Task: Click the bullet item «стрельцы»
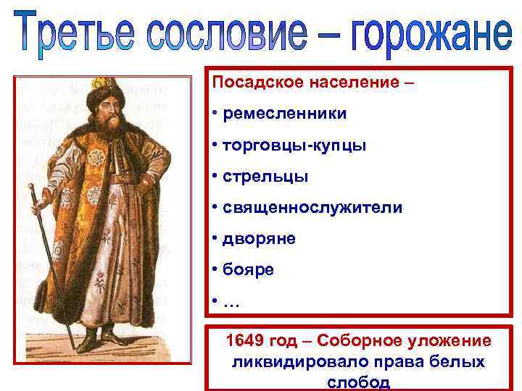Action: [x=265, y=176]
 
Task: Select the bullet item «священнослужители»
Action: [x=312, y=208]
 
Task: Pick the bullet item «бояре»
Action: [x=249, y=271]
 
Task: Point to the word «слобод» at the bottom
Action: [x=358, y=382]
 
